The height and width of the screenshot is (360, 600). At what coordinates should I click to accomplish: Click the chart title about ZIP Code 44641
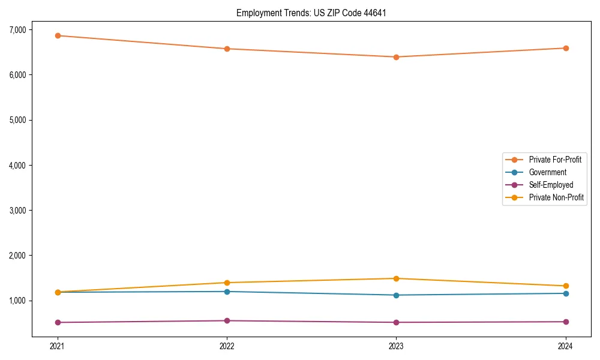(x=307, y=13)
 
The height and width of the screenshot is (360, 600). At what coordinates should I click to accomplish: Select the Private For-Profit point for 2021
(x=58, y=35)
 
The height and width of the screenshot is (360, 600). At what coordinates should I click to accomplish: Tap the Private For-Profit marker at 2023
(x=396, y=57)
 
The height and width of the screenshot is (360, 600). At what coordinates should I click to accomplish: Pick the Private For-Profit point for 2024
(x=566, y=48)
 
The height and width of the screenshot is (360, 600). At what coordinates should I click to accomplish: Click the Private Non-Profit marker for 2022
(x=227, y=283)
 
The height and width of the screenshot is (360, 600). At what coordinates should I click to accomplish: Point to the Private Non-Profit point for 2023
(x=396, y=278)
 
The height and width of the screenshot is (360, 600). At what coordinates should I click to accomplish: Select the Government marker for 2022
(x=227, y=292)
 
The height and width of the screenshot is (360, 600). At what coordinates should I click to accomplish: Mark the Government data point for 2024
(x=566, y=293)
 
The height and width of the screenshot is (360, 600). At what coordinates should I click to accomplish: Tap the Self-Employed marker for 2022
(x=227, y=320)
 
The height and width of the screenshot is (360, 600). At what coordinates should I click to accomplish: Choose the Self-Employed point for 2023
(x=396, y=322)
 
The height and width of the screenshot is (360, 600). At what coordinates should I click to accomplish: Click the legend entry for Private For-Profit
(x=554, y=160)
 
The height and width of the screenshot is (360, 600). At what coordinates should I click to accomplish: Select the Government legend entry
(x=547, y=172)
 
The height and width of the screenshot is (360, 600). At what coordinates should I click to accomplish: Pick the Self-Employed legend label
(x=551, y=185)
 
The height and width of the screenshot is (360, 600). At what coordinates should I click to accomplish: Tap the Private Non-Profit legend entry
(x=556, y=197)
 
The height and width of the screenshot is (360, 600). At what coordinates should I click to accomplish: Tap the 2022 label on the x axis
(x=227, y=346)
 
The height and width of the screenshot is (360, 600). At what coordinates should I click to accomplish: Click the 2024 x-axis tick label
(x=566, y=346)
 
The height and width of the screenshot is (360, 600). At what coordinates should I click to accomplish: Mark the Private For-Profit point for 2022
(x=227, y=49)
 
